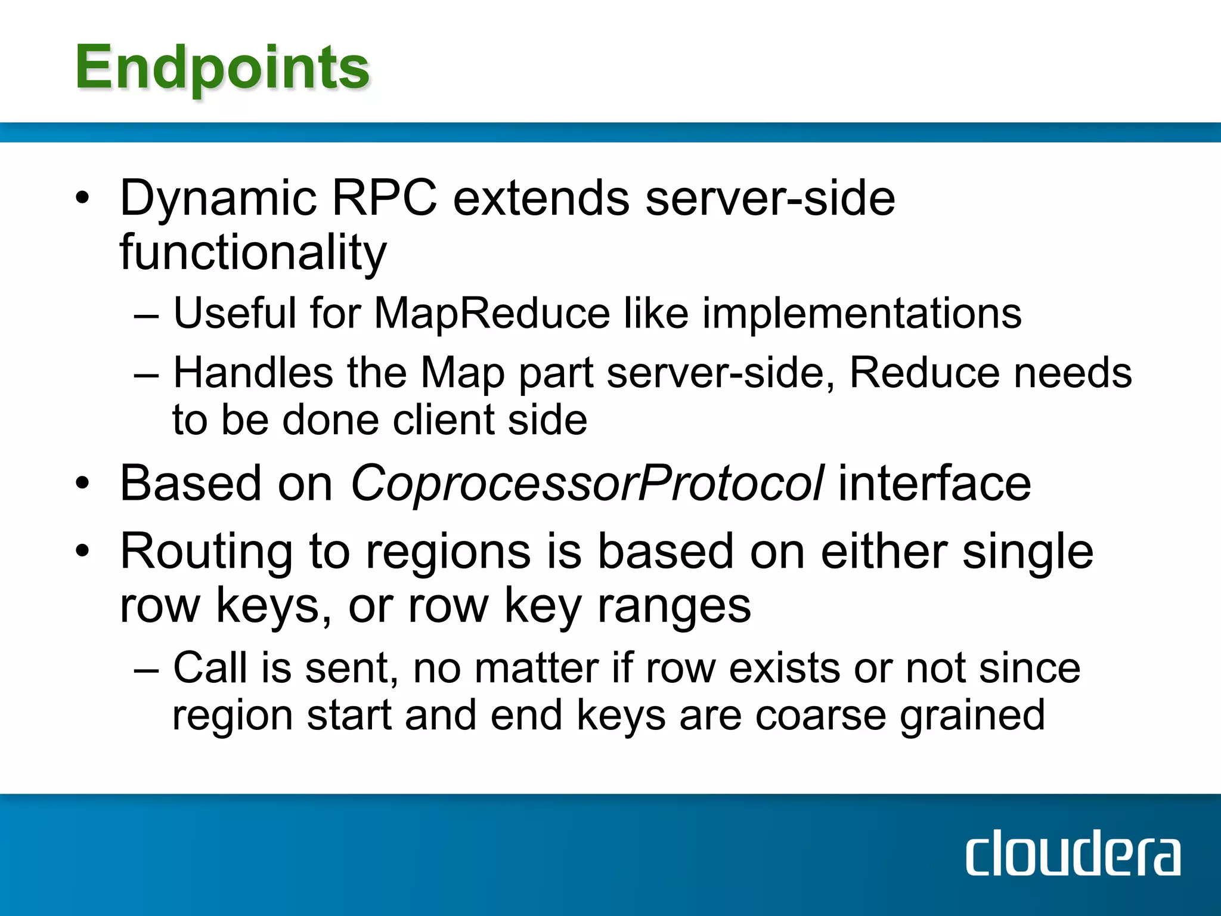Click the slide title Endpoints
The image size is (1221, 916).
222,69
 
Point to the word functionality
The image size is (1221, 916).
253,253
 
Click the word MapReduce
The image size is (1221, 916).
492,313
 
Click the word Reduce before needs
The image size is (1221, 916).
924,373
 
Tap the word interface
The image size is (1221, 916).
934,483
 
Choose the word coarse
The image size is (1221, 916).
820,715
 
